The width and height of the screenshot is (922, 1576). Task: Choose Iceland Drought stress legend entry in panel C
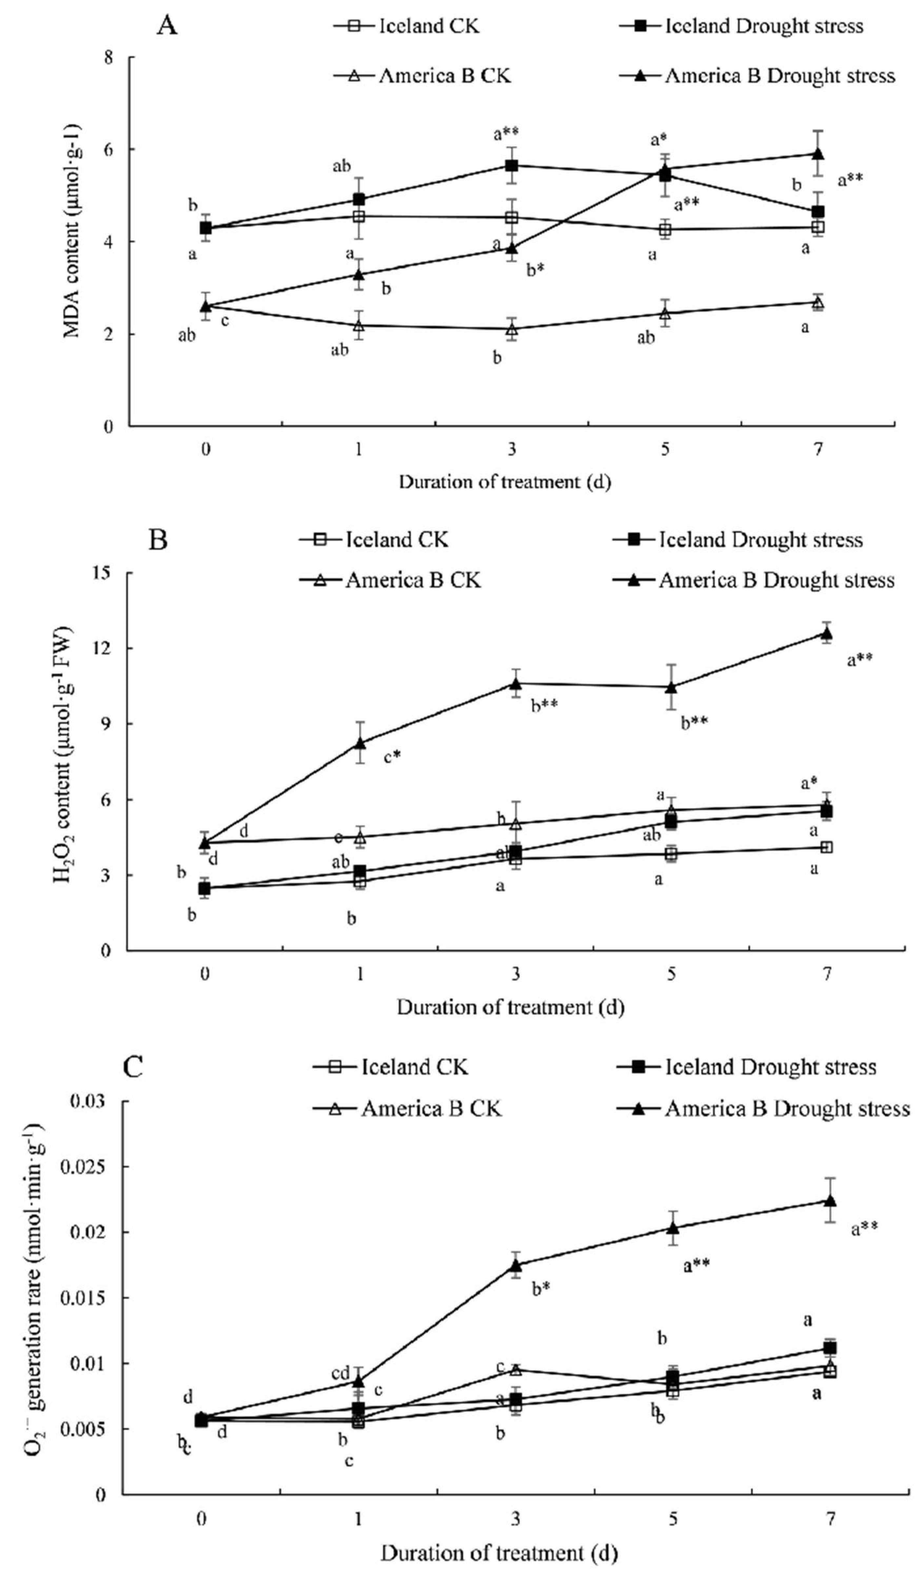click(747, 1067)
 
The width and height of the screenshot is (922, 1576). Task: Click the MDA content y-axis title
click(73, 241)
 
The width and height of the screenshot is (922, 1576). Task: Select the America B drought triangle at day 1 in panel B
click(359, 742)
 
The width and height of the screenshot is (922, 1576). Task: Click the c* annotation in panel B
click(392, 757)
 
